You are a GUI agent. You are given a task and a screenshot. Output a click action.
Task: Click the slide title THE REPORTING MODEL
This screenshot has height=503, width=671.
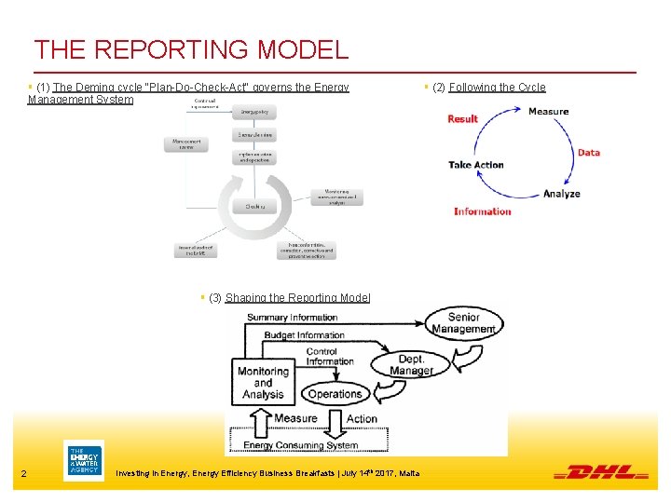point(191,49)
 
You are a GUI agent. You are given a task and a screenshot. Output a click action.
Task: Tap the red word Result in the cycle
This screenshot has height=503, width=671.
point(462,118)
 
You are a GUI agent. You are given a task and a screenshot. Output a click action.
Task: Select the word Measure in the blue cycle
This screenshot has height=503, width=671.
point(548,112)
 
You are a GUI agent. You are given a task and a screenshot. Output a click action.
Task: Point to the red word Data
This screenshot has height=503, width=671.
point(588,153)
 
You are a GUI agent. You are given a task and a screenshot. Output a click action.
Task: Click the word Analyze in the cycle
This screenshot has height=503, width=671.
point(561,194)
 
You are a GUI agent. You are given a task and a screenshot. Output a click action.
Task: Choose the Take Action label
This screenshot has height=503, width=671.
point(475,165)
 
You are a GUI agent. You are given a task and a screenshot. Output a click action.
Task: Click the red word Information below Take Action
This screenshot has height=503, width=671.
point(483,211)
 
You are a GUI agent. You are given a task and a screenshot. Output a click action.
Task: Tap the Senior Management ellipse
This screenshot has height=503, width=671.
point(463,323)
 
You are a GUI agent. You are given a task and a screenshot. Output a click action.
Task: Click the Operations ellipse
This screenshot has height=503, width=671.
point(335,394)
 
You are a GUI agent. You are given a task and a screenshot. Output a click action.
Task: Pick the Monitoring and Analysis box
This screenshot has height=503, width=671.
point(263,382)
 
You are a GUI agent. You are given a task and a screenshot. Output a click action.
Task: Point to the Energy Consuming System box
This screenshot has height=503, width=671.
point(300,444)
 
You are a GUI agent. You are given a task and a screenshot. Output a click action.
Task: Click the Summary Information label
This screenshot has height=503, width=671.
point(292,318)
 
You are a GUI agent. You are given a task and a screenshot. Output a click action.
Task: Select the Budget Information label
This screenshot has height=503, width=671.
point(304,335)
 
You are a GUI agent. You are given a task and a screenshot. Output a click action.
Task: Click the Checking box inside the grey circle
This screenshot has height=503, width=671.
point(254,206)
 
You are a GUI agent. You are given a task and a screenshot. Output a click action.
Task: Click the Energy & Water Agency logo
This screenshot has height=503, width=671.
point(84,460)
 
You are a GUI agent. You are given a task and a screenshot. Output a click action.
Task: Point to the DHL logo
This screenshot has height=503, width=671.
point(600,472)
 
